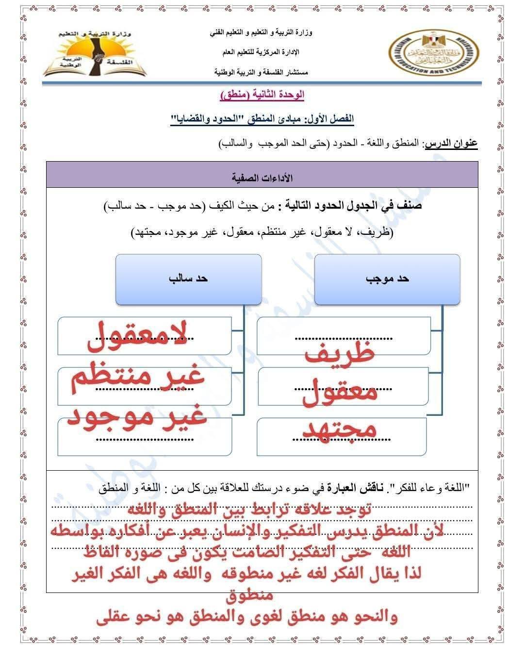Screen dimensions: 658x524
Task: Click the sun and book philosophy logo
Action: pos(96,53)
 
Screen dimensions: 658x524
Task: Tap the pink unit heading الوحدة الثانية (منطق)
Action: pos(262,95)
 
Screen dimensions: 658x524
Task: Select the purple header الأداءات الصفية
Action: pos(262,178)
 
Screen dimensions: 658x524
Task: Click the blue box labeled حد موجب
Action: pos(387,279)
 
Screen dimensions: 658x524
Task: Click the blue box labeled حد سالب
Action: pos(188,279)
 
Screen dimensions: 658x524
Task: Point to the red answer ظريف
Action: pos(340,353)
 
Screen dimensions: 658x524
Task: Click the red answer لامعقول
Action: pos(137,337)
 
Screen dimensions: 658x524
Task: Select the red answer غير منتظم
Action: pos(137,377)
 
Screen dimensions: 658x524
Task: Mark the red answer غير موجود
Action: pos(137,416)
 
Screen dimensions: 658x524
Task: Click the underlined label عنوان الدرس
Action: pos(451,144)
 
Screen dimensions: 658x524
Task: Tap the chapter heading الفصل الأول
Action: pos(335,119)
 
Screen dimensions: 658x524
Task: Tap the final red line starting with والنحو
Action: pos(247,617)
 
